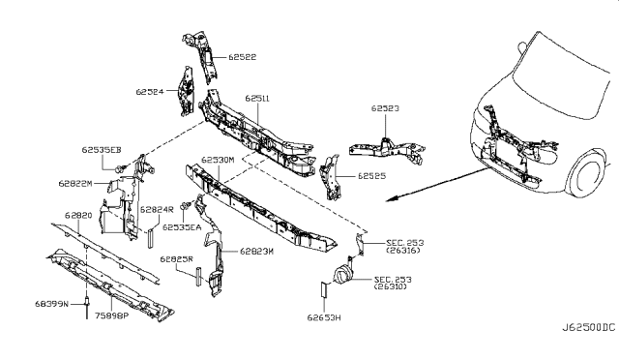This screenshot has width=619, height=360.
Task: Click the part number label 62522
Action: point(244,57)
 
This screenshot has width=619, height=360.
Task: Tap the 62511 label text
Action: point(258,98)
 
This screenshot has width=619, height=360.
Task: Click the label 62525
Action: point(372,177)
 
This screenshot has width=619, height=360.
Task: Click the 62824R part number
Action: point(156,208)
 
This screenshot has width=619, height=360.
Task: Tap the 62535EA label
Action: point(181,226)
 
